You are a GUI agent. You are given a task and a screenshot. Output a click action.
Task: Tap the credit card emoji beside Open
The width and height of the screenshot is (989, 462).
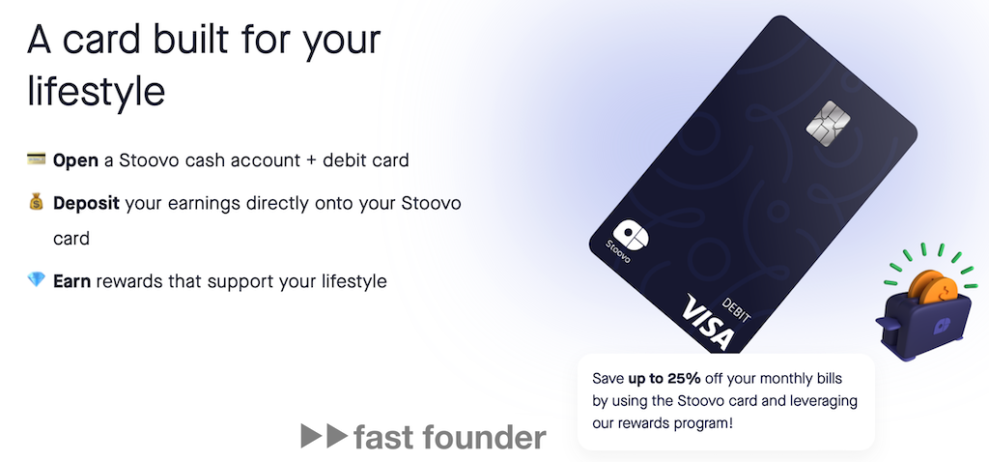[37, 159]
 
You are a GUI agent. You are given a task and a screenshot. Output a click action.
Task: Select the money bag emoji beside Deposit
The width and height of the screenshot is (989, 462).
[37, 202]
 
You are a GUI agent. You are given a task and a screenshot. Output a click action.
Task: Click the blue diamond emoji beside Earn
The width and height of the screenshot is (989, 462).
[37, 279]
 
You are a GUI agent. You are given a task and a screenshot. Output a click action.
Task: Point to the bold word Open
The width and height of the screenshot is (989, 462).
[75, 161]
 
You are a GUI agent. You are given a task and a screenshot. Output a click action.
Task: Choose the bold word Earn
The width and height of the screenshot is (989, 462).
[72, 281]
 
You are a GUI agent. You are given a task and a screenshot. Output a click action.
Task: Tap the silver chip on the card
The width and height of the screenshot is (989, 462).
[829, 124]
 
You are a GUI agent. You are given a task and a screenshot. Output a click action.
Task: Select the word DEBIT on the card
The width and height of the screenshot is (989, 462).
[737, 310]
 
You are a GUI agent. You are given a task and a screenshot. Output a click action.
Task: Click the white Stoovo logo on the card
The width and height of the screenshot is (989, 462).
[630, 235]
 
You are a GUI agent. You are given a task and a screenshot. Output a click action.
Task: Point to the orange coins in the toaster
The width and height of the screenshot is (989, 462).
[934, 288]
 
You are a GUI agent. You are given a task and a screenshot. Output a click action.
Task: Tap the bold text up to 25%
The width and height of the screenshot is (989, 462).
[664, 379]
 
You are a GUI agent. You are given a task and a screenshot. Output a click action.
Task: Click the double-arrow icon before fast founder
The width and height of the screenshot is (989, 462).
[325, 436]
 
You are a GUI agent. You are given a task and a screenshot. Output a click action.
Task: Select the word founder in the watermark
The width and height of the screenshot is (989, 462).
[485, 437]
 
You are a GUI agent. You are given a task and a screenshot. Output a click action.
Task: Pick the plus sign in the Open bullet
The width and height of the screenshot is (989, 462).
[310, 161]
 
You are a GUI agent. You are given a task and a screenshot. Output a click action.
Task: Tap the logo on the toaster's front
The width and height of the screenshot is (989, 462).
[943, 325]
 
